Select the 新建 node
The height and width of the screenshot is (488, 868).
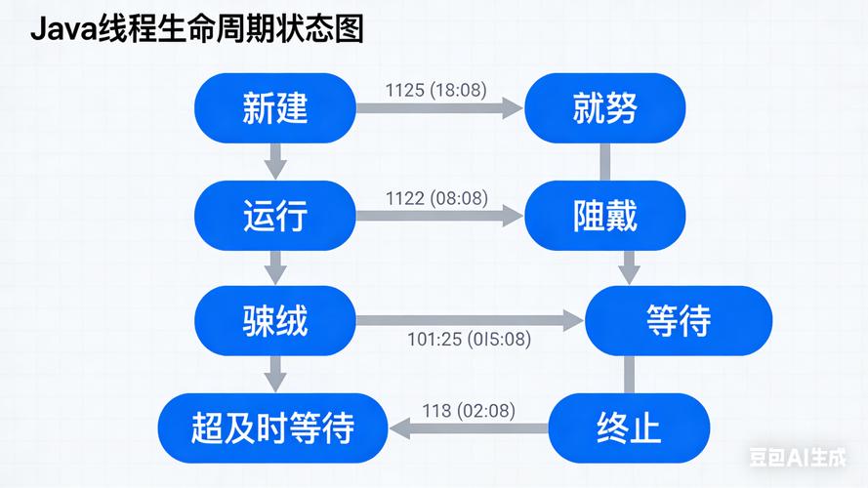(275, 108)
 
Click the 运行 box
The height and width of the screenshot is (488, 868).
(275, 215)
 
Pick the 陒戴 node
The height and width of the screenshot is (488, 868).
(604, 215)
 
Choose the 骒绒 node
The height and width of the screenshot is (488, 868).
(275, 320)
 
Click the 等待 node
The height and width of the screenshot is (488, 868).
(679, 320)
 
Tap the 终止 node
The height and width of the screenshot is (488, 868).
(628, 427)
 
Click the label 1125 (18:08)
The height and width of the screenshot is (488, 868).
(436, 91)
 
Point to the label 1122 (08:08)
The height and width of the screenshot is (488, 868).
(436, 198)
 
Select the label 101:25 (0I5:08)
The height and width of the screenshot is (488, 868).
(469, 340)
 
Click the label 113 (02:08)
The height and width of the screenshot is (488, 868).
(469, 411)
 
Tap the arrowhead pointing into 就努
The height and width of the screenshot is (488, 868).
(513, 108)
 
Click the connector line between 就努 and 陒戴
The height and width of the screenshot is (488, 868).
(604, 161)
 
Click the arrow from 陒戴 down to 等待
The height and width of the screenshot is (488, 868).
(630, 265)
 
